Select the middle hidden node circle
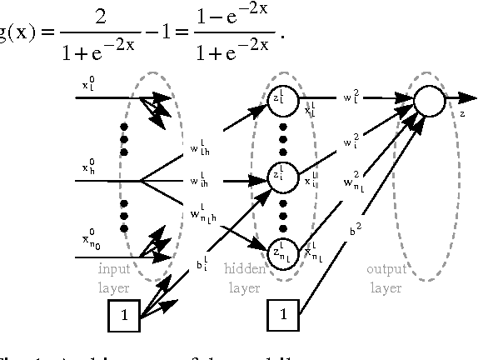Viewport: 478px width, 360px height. [x=280, y=177]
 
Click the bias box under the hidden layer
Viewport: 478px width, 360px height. [x=283, y=316]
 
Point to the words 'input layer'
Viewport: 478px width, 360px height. [x=113, y=278]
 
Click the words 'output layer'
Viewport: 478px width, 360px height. [x=385, y=278]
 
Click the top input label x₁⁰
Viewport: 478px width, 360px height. [x=87, y=86]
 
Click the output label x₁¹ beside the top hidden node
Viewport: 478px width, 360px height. [x=310, y=109]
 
